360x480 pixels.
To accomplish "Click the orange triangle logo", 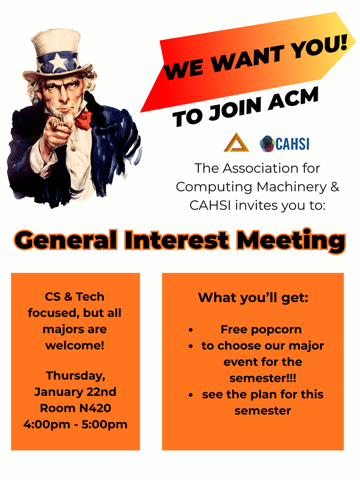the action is point(236,143).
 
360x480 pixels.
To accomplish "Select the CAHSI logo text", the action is point(292,144).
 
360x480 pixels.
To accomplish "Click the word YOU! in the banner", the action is point(318,46).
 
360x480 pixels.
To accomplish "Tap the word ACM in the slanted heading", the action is point(293,99).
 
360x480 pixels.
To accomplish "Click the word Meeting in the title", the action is point(291,241).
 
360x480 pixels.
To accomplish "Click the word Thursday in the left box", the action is point(76,376).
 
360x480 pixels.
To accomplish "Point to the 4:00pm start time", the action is point(47,425).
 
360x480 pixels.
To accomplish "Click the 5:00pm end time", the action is point(104,425).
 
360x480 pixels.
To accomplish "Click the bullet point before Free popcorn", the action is point(191,330).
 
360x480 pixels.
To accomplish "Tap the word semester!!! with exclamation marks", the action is point(263,378).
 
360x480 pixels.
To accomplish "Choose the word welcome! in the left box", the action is point(75,345).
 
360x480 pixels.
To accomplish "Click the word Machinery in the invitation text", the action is point(291,187).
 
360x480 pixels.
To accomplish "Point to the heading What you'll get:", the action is point(253,298).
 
